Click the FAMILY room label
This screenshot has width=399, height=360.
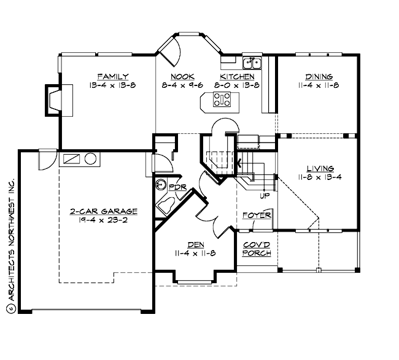(107, 76)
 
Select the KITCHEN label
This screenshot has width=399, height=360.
(237, 76)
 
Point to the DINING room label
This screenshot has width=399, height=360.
(319, 76)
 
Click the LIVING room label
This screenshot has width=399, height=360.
(320, 168)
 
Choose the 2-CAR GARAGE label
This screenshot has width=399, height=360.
(103, 211)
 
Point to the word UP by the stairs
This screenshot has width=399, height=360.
(265, 196)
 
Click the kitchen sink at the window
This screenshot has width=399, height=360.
(252, 62)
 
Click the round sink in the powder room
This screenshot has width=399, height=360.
(161, 184)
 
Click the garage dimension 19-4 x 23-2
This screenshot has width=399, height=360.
(103, 221)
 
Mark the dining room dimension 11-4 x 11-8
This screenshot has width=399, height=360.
(319, 85)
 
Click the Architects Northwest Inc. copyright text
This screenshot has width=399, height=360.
(10, 246)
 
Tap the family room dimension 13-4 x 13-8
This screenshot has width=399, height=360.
(107, 85)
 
